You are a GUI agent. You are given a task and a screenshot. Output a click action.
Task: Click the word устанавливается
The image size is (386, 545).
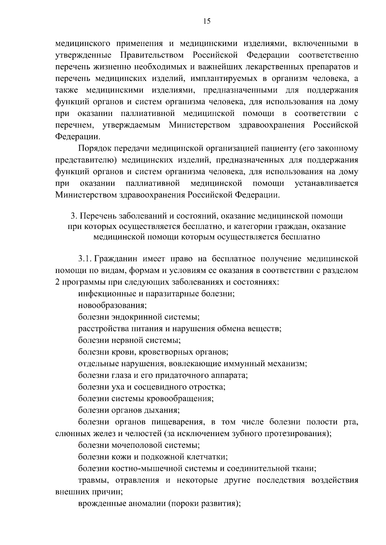click(x=326, y=183)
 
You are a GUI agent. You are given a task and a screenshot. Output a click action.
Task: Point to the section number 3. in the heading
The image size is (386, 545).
click(x=73, y=216)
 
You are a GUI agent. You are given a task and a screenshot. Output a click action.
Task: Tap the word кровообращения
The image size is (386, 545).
click(x=180, y=399)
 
